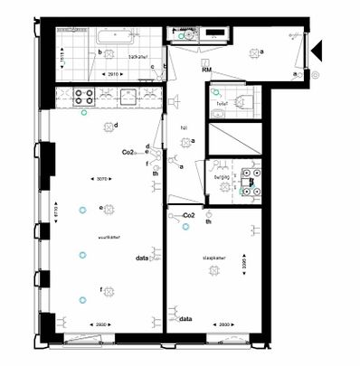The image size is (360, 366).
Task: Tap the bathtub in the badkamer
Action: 115,36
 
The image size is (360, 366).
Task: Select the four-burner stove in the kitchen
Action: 84,94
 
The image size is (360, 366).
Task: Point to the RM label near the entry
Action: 207,70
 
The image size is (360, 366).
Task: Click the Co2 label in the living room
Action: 128,153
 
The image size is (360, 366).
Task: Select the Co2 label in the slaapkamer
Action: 190,216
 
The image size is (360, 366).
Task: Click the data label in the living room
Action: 142,258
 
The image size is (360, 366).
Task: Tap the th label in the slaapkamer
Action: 208,221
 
